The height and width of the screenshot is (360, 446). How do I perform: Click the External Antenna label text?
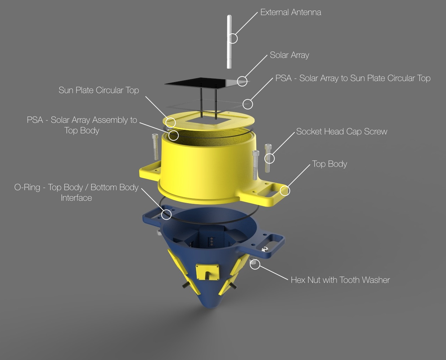click(291, 12)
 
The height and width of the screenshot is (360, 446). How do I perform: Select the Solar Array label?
click(289, 55)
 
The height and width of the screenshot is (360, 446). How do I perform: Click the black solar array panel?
click(198, 82)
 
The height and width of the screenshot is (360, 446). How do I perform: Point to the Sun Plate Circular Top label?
click(99, 90)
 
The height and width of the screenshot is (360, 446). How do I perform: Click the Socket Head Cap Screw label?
click(342, 131)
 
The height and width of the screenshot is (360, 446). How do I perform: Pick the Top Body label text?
click(329, 164)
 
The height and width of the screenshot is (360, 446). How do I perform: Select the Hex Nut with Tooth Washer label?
click(340, 280)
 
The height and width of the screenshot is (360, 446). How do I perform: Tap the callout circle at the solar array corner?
click(242, 81)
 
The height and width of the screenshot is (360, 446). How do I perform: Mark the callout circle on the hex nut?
click(255, 264)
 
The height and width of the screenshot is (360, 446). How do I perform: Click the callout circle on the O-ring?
click(167, 214)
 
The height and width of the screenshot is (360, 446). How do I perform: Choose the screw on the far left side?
click(155, 147)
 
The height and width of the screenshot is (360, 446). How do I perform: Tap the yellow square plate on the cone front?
click(207, 271)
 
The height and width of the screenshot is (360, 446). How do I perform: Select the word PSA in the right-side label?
click(284, 78)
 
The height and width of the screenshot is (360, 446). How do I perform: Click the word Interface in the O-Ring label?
click(76, 198)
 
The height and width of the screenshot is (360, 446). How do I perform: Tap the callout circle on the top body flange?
click(284, 191)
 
